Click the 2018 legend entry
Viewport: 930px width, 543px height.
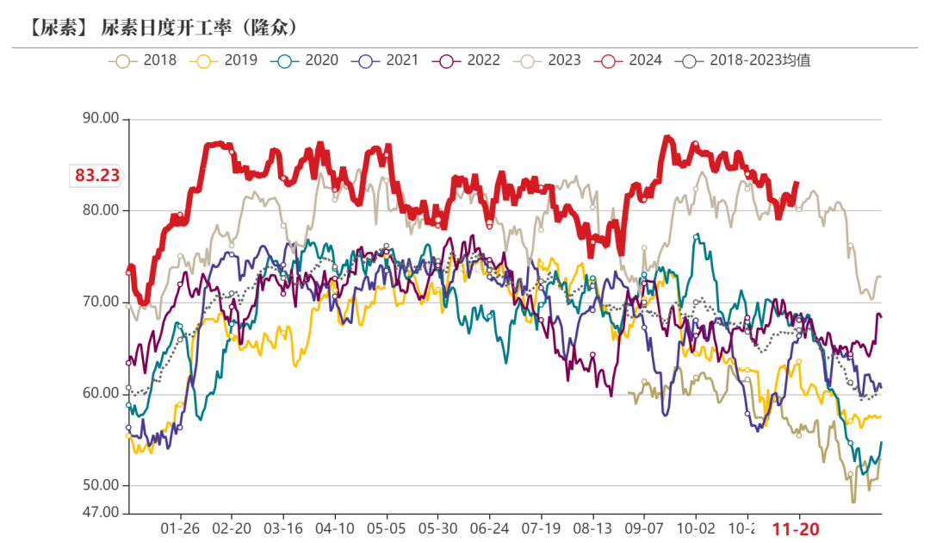click(x=144, y=60)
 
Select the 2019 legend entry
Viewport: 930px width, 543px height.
click(x=224, y=60)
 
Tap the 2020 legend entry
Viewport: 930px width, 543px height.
click(x=305, y=60)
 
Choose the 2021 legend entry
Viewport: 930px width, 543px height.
click(x=386, y=60)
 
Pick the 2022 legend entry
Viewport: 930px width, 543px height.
click(x=467, y=60)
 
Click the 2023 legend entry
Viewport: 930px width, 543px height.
click(x=548, y=60)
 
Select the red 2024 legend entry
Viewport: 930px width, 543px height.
click(x=629, y=60)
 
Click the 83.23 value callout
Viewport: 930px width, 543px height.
click(x=96, y=176)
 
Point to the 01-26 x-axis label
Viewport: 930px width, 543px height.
click(x=180, y=528)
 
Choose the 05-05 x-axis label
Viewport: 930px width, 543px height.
click(x=387, y=528)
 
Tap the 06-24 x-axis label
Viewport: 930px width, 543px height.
click(x=490, y=528)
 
